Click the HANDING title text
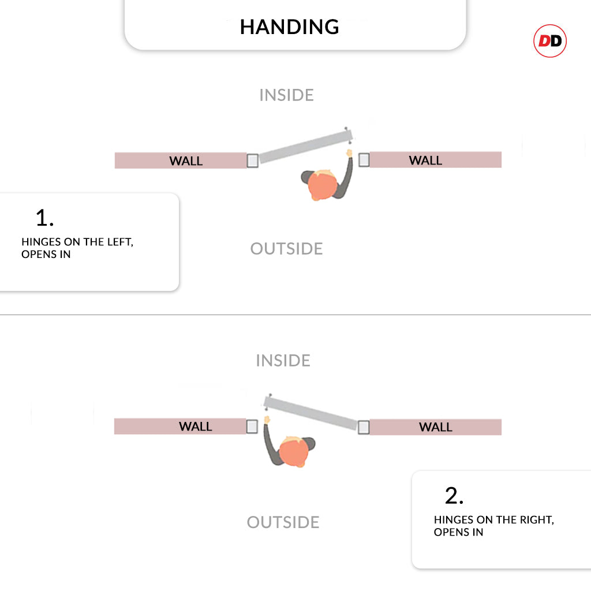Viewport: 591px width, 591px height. tap(290, 27)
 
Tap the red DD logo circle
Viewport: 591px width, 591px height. tap(550, 41)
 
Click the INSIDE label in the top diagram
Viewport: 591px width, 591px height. tap(286, 95)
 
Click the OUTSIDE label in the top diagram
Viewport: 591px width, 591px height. tap(286, 249)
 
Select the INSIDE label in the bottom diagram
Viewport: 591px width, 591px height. tap(283, 361)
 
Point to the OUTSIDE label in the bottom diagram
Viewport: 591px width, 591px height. tap(283, 522)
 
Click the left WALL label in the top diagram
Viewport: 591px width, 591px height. tap(186, 161)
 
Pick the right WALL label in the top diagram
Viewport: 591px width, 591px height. tap(425, 160)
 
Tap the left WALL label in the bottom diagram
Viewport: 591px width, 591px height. tap(195, 427)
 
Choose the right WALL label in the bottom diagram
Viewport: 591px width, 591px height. tap(436, 427)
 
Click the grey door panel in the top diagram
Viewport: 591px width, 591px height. tap(306, 146)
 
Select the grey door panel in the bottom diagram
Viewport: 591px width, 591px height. tap(311, 413)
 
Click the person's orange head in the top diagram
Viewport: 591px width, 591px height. tap(323, 185)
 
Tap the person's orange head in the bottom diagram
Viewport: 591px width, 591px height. tap(294, 452)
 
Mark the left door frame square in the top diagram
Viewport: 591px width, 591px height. tap(253, 160)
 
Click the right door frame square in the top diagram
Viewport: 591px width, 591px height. tap(364, 160)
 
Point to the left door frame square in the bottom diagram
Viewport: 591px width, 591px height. tap(252, 427)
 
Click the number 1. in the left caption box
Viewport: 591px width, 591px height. tap(44, 218)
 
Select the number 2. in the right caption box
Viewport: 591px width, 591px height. tap(454, 495)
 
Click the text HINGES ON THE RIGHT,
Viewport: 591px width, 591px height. tap(494, 520)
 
